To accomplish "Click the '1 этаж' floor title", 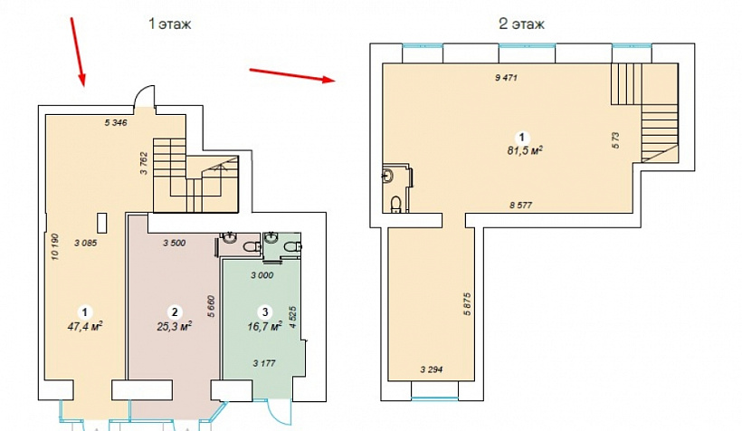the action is click(169, 24).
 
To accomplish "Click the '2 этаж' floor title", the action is click(521, 24).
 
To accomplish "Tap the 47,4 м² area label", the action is click(85, 326).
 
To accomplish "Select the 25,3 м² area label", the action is click(174, 326).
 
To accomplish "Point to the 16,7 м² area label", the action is click(264, 326).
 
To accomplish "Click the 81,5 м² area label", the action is click(524, 151).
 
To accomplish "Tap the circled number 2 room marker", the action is click(175, 311).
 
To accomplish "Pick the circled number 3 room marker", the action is click(265, 311).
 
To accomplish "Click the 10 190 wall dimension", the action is click(55, 246).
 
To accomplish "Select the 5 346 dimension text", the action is click(116, 122).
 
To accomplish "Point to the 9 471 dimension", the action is click(506, 78).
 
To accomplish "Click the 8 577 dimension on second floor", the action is click(520, 205).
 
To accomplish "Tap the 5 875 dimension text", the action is click(468, 304).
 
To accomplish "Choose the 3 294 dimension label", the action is click(432, 369).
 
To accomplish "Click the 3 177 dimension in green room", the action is click(264, 363).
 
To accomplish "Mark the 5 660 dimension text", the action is click(211, 306).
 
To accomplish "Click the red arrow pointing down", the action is click(78, 53).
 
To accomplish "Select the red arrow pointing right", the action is click(292, 75).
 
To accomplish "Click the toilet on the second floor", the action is click(396, 204).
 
